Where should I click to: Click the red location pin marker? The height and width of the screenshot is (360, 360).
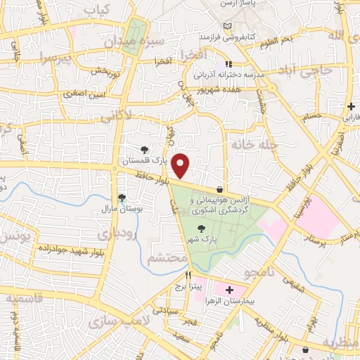[x=181, y=165]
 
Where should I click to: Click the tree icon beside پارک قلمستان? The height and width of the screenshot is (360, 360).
[x=145, y=149]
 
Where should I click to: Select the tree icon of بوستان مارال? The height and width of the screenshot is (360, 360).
[x=122, y=198]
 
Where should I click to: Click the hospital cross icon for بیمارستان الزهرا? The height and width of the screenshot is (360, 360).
[x=229, y=289]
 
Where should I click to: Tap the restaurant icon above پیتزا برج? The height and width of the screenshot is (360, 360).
[x=188, y=276]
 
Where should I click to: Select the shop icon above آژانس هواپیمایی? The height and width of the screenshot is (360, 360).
[x=220, y=189]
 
